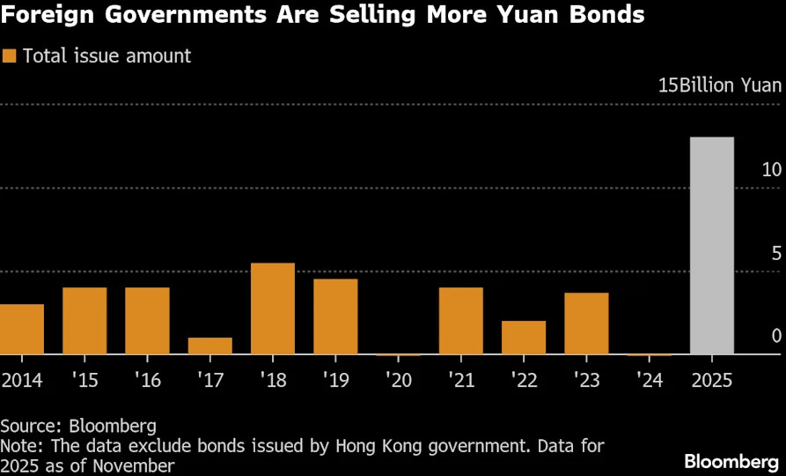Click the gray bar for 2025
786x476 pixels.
click(712, 246)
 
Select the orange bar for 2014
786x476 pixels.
click(21, 330)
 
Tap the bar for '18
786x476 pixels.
click(273, 309)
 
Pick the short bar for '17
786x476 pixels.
click(210, 346)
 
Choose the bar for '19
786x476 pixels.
click(335, 317)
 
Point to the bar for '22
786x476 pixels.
click(524, 338)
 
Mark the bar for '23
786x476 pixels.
click(586, 324)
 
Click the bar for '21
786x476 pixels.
click(461, 322)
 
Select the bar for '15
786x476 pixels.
click(84, 322)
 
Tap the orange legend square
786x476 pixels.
click(11, 56)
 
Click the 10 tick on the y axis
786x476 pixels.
click(771, 169)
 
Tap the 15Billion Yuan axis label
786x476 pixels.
click(720, 86)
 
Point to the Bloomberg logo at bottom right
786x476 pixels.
click(731, 461)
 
